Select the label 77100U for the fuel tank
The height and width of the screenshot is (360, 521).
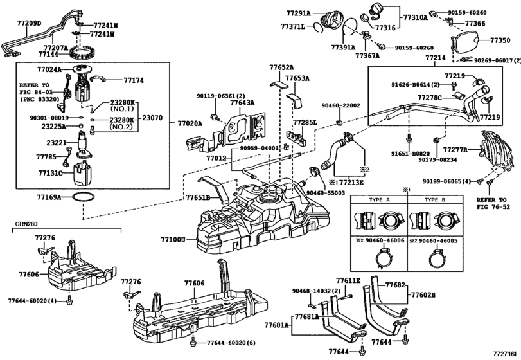click(173, 240)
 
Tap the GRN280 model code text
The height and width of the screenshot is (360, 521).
click(27, 226)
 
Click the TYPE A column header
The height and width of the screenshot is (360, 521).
click(379, 201)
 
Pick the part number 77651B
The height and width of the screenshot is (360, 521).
click(199, 198)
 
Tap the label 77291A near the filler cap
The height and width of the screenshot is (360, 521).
click(297, 13)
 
